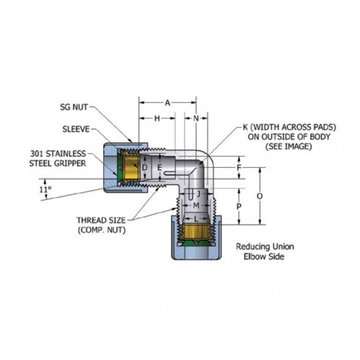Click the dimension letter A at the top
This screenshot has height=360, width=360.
pos(168,103)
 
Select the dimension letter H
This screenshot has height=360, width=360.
pos(157,118)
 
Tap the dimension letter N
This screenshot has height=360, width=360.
pos(196,118)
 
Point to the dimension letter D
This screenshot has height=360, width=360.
pos(145,168)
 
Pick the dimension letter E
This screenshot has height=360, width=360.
pos(159,168)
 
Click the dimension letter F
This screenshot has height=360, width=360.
pos(239,168)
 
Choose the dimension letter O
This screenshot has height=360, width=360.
pos(260,196)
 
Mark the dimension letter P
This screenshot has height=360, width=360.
pos(239,207)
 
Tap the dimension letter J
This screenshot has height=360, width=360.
pos(199,194)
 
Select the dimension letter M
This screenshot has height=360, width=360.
pos(196,205)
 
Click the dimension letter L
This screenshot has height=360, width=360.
pos(196,219)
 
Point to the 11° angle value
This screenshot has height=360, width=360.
pos(45,190)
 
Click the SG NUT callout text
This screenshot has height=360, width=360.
pos(74,107)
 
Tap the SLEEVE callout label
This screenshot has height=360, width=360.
pos(76,129)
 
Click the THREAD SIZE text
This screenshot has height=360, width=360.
pos(101,220)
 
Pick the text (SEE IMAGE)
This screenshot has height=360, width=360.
pos(289,146)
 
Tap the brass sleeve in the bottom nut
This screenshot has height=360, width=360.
pos(196,232)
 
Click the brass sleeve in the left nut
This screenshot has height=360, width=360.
pos(131,168)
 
